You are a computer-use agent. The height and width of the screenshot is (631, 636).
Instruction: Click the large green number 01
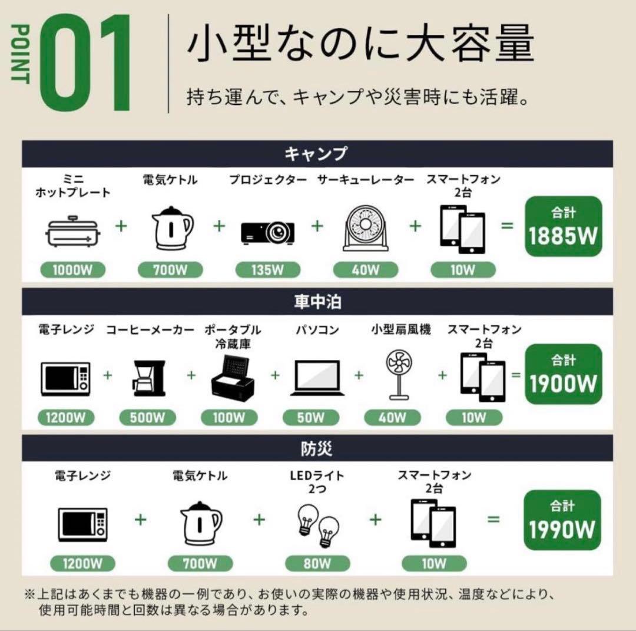tap(86, 63)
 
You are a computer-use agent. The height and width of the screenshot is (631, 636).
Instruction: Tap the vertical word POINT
tap(20, 54)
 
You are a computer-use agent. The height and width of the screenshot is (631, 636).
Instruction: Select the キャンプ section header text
tap(316, 154)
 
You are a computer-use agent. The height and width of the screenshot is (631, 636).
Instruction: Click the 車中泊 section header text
tap(317, 302)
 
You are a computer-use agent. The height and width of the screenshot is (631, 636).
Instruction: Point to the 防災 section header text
tap(317, 448)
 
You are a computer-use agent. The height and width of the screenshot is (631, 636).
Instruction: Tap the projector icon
tap(268, 233)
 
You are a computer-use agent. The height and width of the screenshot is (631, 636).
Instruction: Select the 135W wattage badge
tap(268, 270)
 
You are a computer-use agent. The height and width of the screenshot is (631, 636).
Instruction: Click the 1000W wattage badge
tap(72, 270)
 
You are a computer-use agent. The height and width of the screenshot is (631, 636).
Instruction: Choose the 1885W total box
tap(564, 226)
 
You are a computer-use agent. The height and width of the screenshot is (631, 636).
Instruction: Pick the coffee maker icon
tap(149, 378)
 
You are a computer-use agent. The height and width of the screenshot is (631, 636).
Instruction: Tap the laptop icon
tap(317, 378)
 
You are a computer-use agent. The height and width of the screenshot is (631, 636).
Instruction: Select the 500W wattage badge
tap(148, 418)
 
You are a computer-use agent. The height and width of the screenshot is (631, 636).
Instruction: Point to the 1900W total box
tap(564, 374)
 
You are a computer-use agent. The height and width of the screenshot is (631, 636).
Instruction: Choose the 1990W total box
tap(562, 520)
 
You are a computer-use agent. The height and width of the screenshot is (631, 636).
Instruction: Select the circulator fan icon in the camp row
tap(366, 227)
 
